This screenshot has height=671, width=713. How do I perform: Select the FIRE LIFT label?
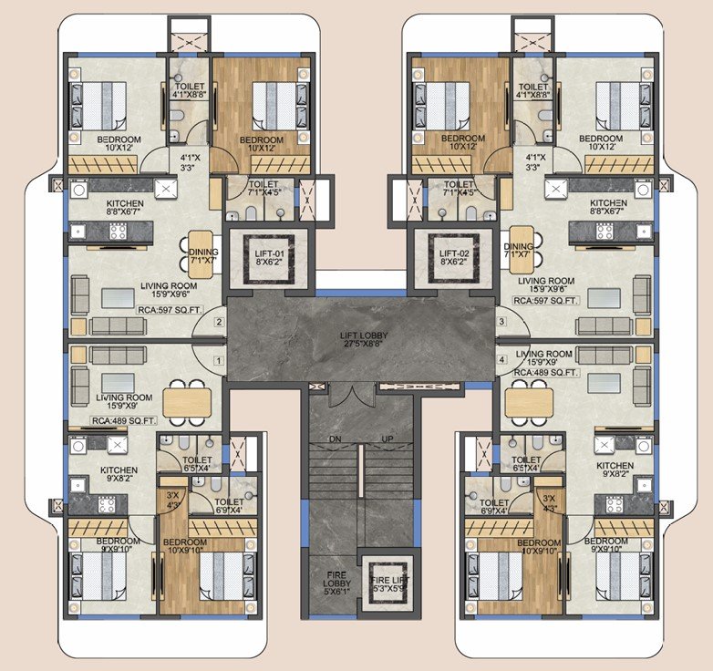(x=390, y=584)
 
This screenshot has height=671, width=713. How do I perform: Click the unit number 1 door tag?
(x=219, y=361)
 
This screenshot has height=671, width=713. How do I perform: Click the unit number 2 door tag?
(x=219, y=322)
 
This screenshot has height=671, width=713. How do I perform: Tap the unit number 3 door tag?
(x=502, y=322)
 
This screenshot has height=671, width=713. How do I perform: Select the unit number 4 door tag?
(x=502, y=359)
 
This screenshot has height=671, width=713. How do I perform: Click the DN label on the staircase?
(x=336, y=439)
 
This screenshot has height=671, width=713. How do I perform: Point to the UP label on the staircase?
(x=387, y=439)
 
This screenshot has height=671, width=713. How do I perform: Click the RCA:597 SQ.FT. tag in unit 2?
(x=170, y=311)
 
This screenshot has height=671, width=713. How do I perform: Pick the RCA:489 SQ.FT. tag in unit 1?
(x=123, y=421)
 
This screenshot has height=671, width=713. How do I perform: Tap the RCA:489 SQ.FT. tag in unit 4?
(x=545, y=372)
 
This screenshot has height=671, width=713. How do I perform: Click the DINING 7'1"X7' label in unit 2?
(x=203, y=256)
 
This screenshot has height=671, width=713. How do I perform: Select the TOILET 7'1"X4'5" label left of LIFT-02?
(x=459, y=189)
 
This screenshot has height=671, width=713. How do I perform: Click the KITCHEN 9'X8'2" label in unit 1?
(x=119, y=474)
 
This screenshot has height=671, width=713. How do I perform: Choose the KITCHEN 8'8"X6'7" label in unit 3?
(x=608, y=207)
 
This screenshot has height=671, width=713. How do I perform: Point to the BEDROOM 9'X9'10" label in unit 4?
(x=605, y=545)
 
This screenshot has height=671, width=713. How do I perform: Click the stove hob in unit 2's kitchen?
(x=118, y=232)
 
